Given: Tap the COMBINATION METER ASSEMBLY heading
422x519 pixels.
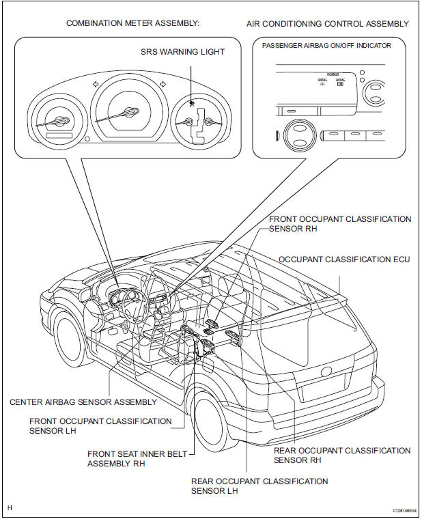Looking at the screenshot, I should coord(132,23).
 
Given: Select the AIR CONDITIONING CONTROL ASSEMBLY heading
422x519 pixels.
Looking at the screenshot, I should coord(328,23).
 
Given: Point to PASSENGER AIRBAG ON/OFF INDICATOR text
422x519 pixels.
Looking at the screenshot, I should coord(326,45).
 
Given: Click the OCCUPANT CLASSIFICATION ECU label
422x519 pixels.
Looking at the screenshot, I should coord(344,259).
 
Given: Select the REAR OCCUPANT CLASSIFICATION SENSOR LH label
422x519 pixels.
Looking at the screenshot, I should coord(259,486).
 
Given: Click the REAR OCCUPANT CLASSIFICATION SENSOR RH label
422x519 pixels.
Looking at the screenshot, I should coord(341,455).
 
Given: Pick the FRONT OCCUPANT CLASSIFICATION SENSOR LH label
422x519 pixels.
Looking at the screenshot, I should coord(100,425).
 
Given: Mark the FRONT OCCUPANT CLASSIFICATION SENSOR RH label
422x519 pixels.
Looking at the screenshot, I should coord(340,224).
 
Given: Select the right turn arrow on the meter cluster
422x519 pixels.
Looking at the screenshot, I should coord(163,85).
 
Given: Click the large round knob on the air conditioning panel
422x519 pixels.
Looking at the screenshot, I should coord(298,134).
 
